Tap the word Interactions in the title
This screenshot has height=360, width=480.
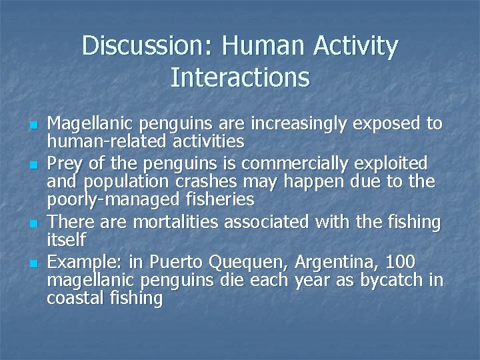click(240, 77)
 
